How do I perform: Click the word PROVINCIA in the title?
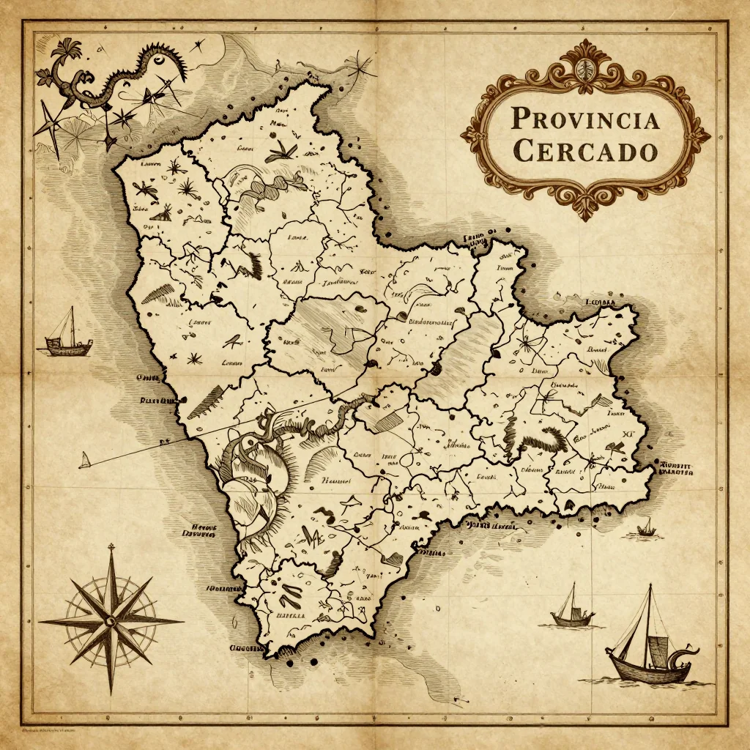click(585, 118)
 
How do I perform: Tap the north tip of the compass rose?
click(111, 546)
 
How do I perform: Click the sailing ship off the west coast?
click(68, 335)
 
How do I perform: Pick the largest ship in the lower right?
click(650, 645)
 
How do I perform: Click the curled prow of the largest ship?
click(688, 648)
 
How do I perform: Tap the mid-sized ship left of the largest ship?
click(572, 608)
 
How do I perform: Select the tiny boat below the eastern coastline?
click(646, 527)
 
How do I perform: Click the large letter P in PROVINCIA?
click(521, 119)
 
